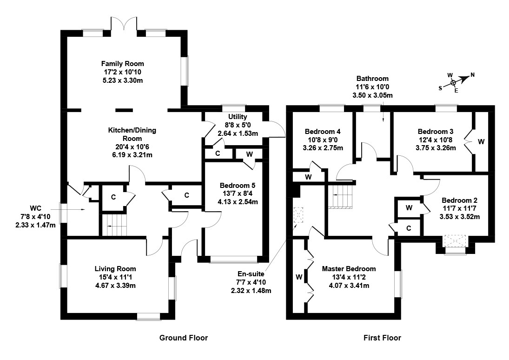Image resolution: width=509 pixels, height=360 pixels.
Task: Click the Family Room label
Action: click(x=123, y=64)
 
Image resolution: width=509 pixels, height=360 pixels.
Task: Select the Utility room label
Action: click(x=238, y=117)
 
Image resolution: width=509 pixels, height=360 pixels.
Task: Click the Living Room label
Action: click(x=115, y=269)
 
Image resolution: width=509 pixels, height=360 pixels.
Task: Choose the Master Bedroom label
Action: click(x=349, y=269)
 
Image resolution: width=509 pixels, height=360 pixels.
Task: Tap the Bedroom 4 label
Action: click(x=321, y=131)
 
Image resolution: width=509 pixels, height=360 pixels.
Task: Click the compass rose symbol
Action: click(x=453, y=83)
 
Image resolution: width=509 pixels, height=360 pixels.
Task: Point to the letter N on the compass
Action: click(x=472, y=75)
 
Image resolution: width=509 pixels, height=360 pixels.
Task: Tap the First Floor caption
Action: click(x=382, y=338)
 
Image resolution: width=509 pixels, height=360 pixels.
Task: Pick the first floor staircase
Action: click(x=340, y=195)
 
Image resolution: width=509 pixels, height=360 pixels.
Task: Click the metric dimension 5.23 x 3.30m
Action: click(x=123, y=80)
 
